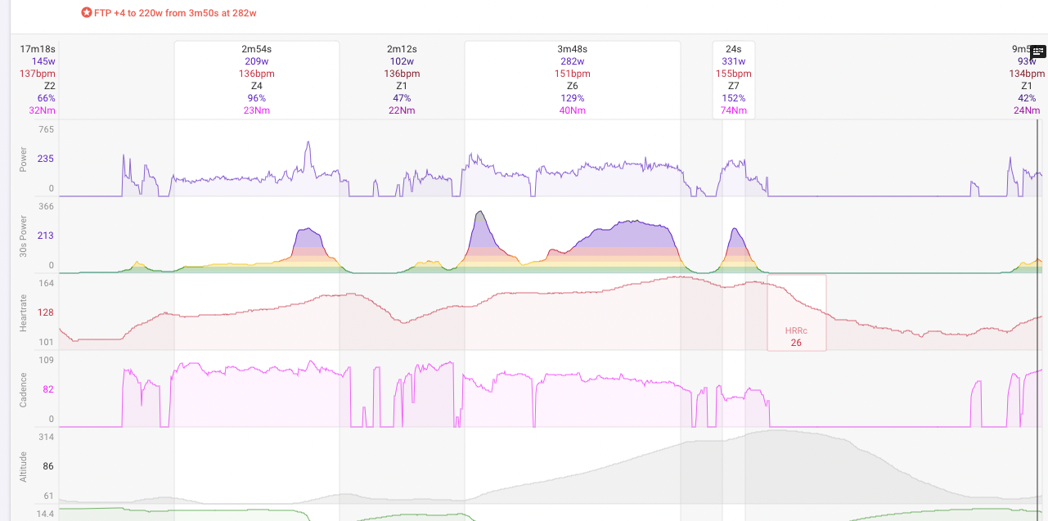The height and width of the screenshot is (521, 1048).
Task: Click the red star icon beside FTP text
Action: [87, 13]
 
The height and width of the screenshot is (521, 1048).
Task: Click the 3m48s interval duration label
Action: [572, 49]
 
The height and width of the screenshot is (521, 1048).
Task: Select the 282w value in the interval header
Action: [572, 61]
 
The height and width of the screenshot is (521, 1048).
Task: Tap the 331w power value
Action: [733, 61]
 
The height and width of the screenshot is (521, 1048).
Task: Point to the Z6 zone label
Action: [572, 86]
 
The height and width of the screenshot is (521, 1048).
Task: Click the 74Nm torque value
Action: [733, 110]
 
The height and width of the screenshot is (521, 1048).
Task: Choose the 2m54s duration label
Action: [257, 49]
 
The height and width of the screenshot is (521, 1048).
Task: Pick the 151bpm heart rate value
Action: [572, 74]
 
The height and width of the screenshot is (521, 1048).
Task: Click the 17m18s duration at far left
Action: [38, 49]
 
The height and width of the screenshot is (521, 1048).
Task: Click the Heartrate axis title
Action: [24, 312]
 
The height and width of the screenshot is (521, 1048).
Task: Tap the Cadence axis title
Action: [24, 389]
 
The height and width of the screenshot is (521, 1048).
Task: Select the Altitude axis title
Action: [24, 466]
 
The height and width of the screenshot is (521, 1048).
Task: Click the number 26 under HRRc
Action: [796, 343]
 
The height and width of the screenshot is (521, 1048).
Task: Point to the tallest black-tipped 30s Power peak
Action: [480, 213]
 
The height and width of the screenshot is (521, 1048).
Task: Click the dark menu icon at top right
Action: [1037, 52]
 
